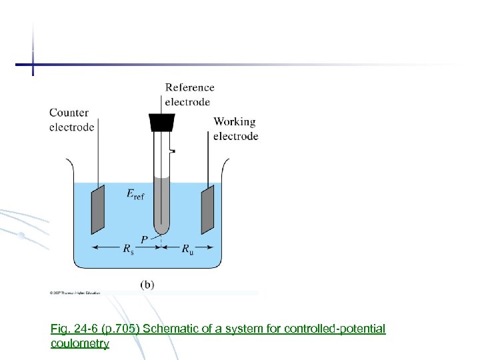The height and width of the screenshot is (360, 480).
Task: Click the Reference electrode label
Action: pyautogui.click(x=189, y=95)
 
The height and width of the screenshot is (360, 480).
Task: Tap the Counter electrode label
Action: pyautogui.click(x=71, y=120)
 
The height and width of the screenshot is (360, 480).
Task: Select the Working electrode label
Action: pyautogui.click(x=235, y=129)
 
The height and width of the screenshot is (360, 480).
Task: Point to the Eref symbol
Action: pyautogui.click(x=135, y=195)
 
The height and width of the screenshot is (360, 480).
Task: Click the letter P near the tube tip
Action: pyautogui.click(x=144, y=239)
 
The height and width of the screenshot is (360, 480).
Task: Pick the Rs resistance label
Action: pyautogui.click(x=127, y=249)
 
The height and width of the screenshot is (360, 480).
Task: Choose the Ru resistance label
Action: pyautogui.click(x=189, y=249)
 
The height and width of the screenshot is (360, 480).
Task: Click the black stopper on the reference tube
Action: pyautogui.click(x=161, y=122)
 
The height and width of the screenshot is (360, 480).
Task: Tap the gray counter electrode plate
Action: pyautogui.click(x=98, y=209)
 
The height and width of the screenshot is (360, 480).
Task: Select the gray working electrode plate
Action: pyautogui.click(x=207, y=207)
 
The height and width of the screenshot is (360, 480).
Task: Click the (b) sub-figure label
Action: pyautogui.click(x=147, y=284)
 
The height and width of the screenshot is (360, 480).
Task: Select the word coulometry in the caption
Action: pyautogui.click(x=79, y=343)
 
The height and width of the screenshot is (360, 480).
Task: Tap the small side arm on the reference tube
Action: pyautogui.click(x=172, y=151)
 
